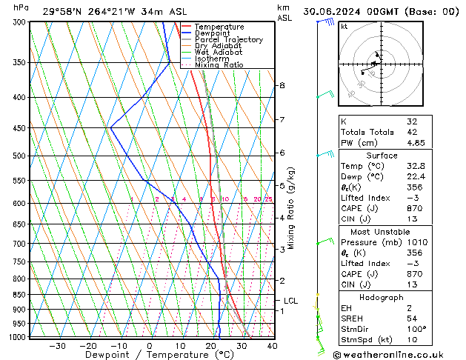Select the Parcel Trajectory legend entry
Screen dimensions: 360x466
228,40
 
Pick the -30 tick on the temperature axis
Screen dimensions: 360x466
57,346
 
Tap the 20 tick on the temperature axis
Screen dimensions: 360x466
211,346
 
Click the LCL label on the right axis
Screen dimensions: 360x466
290,301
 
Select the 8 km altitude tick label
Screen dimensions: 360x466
282,86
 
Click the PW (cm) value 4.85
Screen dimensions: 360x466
416,143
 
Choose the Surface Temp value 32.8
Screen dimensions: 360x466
416,167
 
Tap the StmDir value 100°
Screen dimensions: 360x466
416,329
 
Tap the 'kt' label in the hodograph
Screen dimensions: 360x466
344,26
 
